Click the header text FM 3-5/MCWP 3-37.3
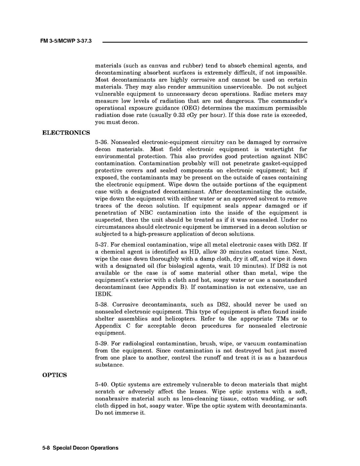66,41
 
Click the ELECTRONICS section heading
66,133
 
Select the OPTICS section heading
54,375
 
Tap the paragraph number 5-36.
102,142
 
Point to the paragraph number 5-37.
102,245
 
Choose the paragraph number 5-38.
102,305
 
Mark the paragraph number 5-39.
102,344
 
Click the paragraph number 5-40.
102,385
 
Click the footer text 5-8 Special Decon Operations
80,448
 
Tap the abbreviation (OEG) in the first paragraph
189,108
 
